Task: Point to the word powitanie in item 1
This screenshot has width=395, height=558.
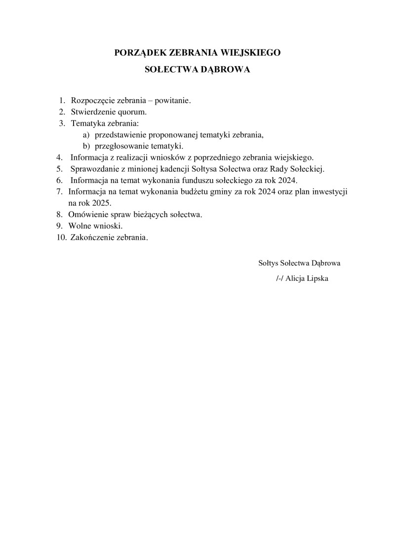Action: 173,101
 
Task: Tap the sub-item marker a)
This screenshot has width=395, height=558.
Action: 86,135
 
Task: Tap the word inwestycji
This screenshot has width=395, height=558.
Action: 327,192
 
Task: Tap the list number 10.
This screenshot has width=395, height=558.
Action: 62,237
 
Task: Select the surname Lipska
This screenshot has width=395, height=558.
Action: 318,278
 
